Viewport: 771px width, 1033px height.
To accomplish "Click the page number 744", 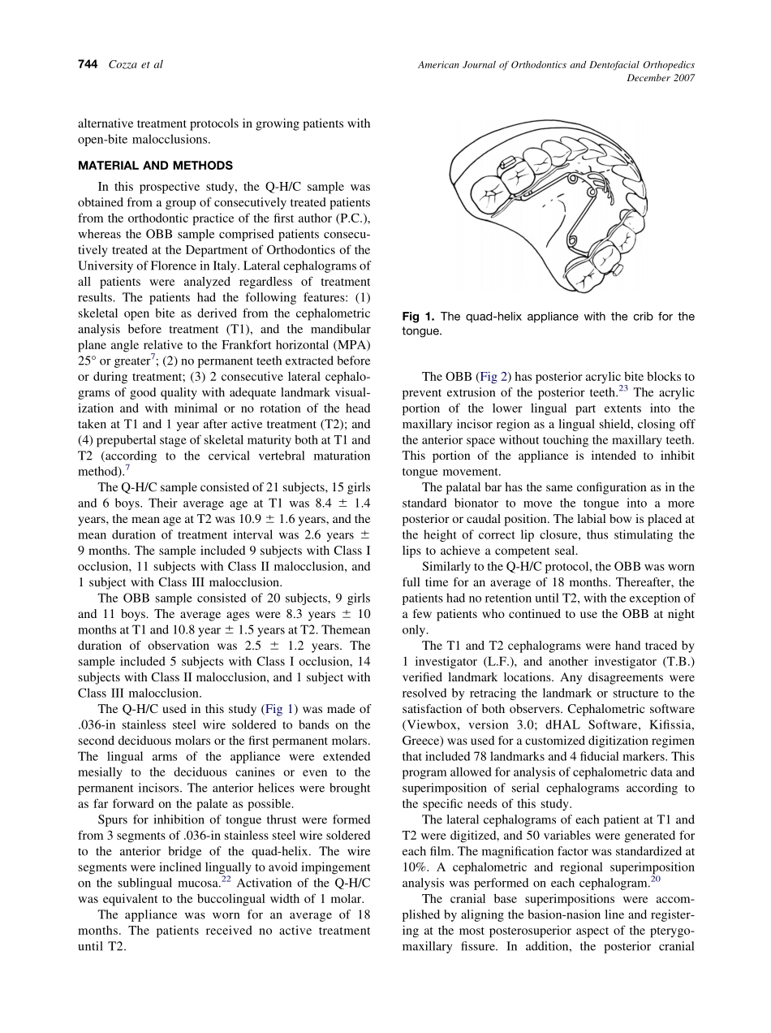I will coord(88,65).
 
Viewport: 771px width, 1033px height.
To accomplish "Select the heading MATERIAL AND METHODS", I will coord(155,166).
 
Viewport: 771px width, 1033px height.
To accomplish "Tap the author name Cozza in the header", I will coord(124,65).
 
